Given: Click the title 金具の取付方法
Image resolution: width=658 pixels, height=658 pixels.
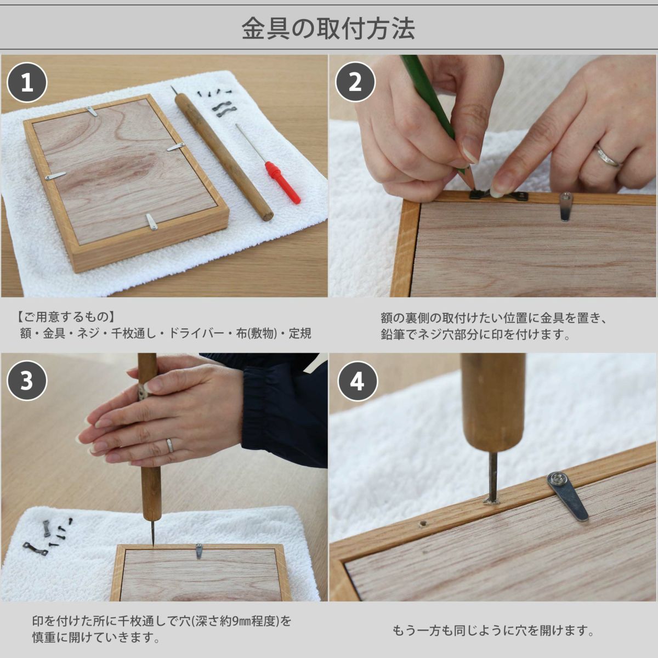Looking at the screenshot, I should [x=328, y=29].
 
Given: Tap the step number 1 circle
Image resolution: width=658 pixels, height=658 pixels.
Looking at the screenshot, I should [x=27, y=82].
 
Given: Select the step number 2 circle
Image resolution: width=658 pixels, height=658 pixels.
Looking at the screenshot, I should [x=355, y=82].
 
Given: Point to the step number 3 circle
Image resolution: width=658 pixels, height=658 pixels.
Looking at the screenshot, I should [x=27, y=381].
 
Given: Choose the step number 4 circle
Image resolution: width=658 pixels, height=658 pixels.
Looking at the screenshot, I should [x=357, y=381].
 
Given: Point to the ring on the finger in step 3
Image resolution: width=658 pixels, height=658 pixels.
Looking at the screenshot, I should [x=170, y=445].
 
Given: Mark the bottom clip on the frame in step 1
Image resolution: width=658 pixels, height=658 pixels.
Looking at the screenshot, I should [x=151, y=222].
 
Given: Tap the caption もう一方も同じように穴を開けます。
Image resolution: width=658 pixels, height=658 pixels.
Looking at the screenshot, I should [x=493, y=631].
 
